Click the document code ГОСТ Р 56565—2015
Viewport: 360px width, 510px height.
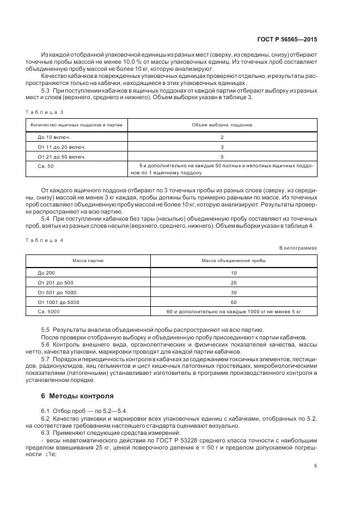(x=286, y=39)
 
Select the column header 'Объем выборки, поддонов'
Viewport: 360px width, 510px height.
(x=222, y=125)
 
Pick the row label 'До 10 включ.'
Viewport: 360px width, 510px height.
(x=54, y=137)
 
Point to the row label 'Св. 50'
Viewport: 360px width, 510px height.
(x=46, y=166)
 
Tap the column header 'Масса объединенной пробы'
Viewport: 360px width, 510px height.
(x=234, y=260)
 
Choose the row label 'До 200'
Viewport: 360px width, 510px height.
(x=46, y=272)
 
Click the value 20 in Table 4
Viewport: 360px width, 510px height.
(x=234, y=282)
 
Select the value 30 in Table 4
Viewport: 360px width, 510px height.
(x=234, y=292)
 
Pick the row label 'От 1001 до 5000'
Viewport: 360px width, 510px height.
(x=58, y=302)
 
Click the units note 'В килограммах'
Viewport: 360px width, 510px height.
(x=298, y=247)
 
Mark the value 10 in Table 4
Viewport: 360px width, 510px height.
(x=234, y=272)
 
